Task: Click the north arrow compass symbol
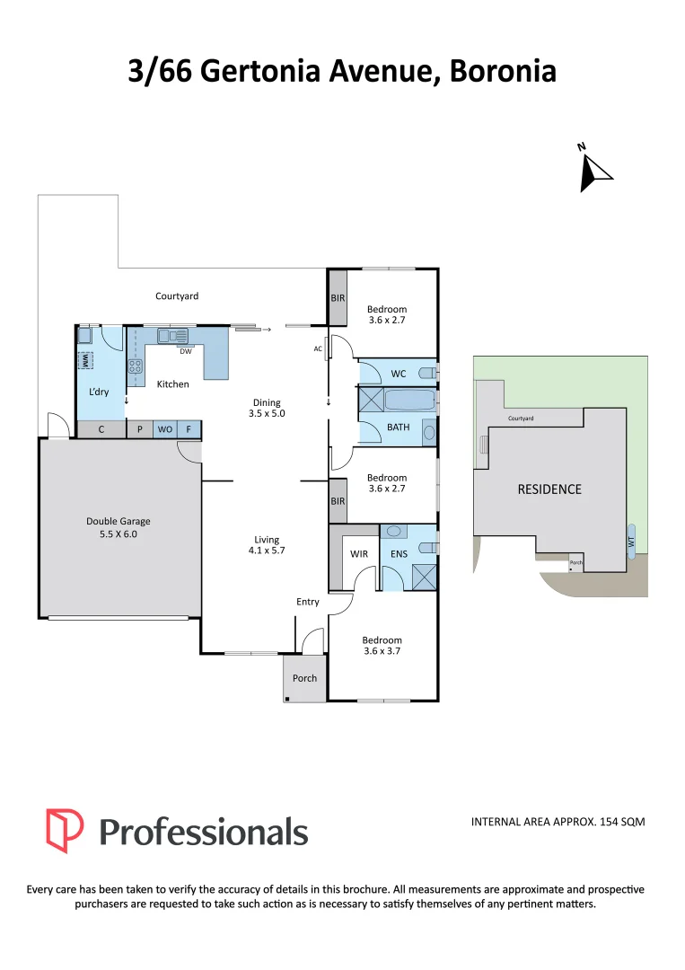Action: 593,169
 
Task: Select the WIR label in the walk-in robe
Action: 359,553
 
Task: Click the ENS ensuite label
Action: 399,553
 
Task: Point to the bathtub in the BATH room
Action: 409,400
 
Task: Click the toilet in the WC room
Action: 428,373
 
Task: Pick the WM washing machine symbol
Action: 85,360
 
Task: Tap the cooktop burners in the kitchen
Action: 136,366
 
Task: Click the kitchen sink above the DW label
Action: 172,336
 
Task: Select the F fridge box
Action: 189,429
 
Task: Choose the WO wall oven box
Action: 165,429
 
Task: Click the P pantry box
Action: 140,429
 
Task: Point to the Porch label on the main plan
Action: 304,678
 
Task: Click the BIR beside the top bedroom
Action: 338,297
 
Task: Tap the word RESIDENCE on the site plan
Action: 549,489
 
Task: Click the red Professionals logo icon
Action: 65,831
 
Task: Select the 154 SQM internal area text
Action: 622,822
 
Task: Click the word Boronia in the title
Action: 504,71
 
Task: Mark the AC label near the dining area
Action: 318,348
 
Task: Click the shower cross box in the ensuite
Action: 424,578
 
